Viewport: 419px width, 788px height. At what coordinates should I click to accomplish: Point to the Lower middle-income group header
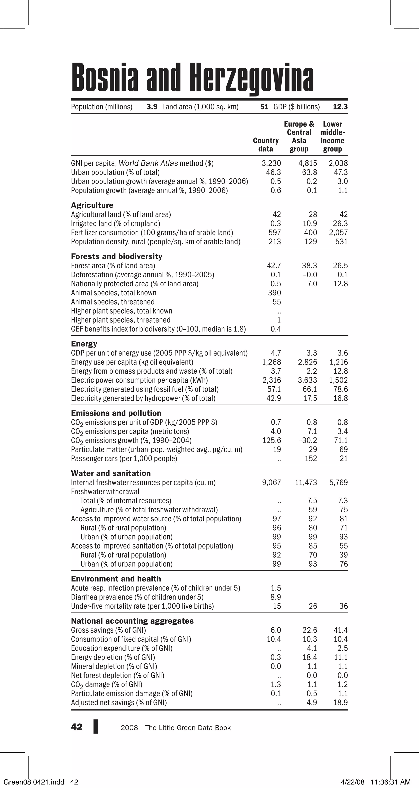pos(332,136)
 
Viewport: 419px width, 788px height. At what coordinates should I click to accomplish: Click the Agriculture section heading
pos(92,205)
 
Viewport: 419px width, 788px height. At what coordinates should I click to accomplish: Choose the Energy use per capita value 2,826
pos(307,362)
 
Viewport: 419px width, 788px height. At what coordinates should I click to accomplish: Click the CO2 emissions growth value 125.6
pos(271,441)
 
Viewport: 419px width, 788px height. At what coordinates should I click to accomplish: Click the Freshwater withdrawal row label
pos(105,492)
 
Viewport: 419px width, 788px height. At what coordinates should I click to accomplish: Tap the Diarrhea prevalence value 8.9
pos(276,597)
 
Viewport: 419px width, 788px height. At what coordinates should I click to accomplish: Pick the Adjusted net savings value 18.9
pos(340,703)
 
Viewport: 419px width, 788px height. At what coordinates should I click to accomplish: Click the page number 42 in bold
pos(77,727)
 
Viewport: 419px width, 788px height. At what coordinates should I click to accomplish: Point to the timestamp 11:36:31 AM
pos(390,782)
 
